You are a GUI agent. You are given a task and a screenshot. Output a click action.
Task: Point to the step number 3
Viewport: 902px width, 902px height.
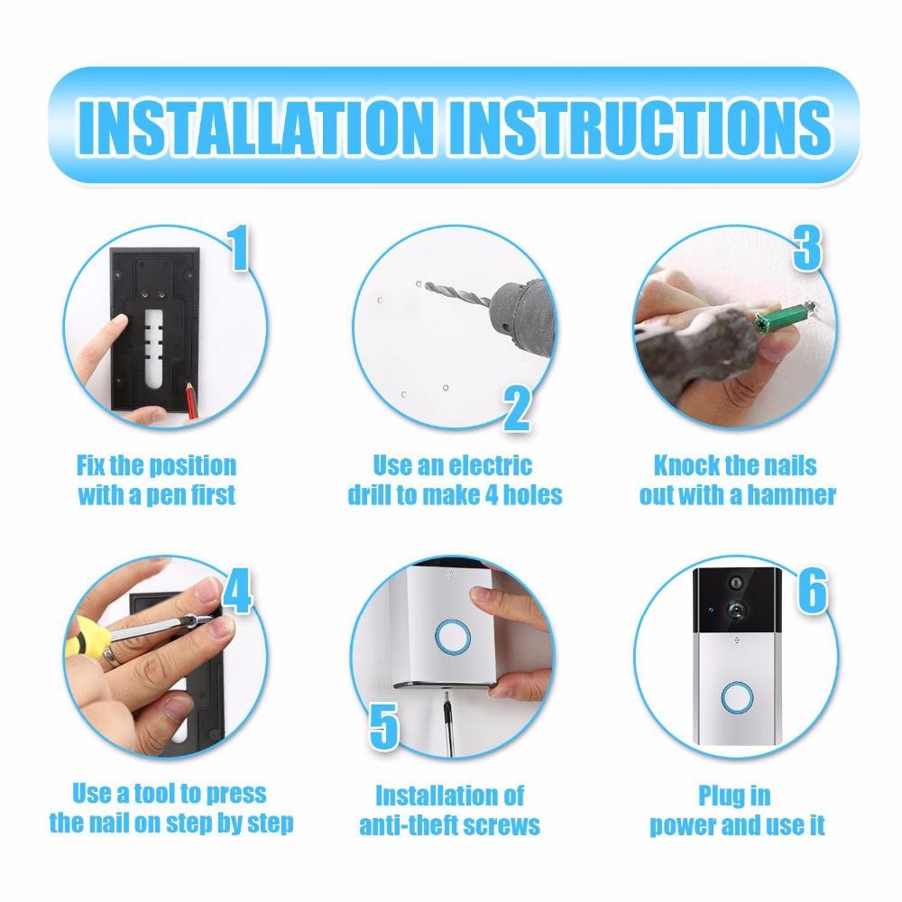pyautogui.click(x=806, y=250)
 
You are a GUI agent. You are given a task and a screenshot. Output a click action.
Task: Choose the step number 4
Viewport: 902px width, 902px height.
pyautogui.click(x=235, y=591)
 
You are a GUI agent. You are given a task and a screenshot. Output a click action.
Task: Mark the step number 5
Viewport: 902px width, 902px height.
pyautogui.click(x=384, y=725)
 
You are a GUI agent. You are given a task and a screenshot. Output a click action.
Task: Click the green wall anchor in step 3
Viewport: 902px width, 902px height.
pyautogui.click(x=784, y=318)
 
